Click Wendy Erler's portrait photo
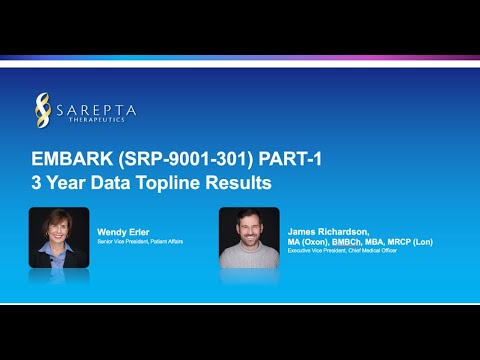point(59,237)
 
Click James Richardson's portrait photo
point(249,237)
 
